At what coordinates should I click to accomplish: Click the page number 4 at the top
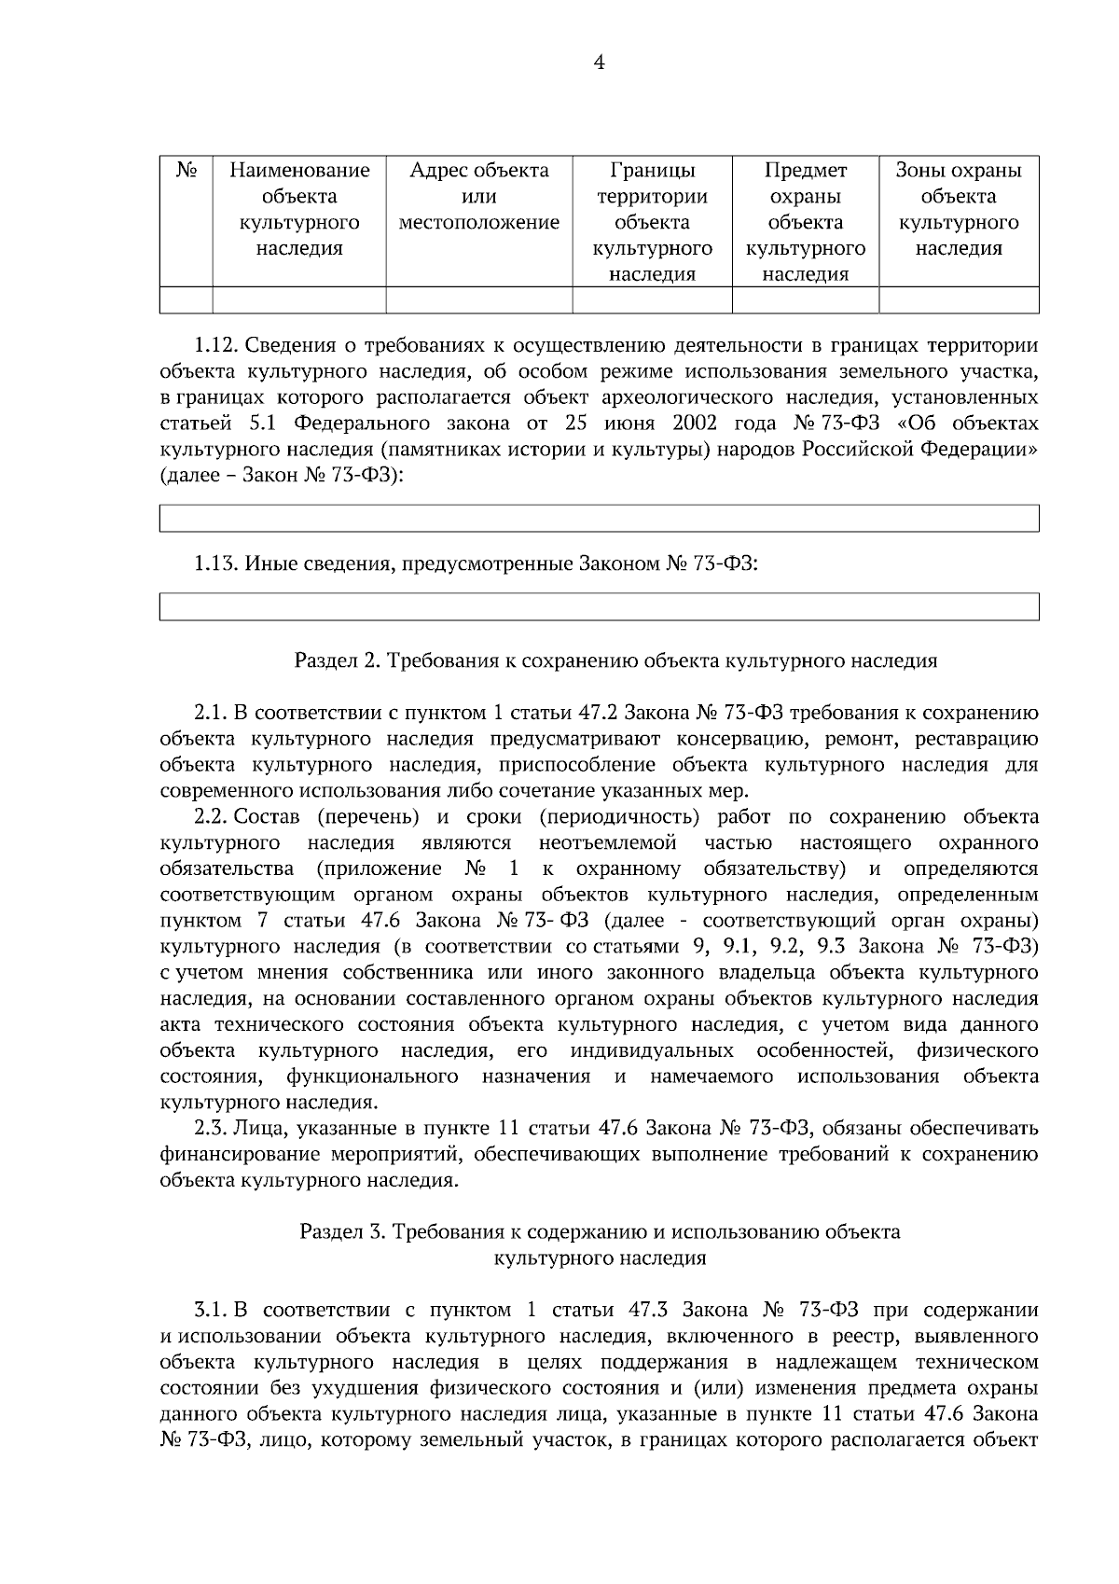[x=600, y=63]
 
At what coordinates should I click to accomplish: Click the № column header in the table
[x=186, y=171]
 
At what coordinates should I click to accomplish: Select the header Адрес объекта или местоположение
[x=478, y=197]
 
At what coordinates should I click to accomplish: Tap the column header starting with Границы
[x=652, y=222]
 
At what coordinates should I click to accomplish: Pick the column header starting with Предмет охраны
[x=805, y=222]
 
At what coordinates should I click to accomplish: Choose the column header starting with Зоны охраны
[x=958, y=209]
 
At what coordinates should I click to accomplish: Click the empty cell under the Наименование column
[x=299, y=300]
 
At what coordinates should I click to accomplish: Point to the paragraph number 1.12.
[x=217, y=346]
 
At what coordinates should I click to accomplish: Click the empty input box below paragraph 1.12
[x=599, y=519]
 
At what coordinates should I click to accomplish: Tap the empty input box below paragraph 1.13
[x=599, y=606]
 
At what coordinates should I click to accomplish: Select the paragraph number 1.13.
[x=217, y=563]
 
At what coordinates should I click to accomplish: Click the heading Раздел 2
[x=615, y=661]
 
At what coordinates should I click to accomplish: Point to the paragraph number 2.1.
[x=211, y=714]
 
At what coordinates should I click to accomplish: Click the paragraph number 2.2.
[x=211, y=818]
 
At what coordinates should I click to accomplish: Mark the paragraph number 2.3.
[x=211, y=1129]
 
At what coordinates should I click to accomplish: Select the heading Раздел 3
[x=600, y=1232]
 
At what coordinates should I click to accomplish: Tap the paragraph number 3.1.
[x=211, y=1310]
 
